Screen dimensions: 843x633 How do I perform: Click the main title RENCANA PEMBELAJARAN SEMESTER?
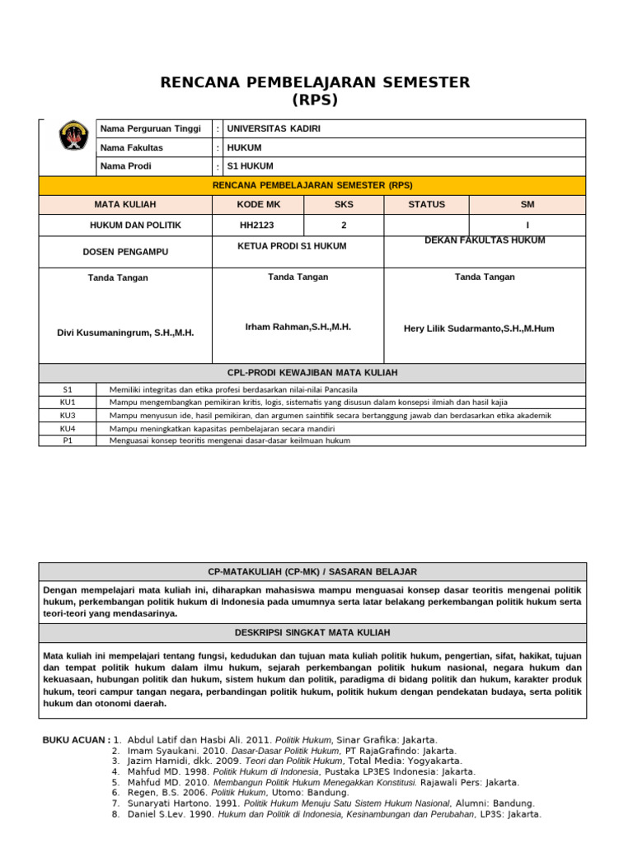click(315, 82)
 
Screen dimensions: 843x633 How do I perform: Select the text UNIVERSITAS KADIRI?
click(274, 129)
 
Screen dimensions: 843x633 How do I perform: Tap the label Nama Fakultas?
click(132, 148)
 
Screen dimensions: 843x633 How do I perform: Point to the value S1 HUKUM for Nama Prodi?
click(250, 166)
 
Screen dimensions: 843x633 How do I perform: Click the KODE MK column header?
click(258, 204)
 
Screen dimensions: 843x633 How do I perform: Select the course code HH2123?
click(258, 226)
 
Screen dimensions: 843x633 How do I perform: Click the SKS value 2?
click(344, 226)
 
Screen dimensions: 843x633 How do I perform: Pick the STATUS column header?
click(426, 204)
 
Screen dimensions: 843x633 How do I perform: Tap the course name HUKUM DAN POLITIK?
click(135, 226)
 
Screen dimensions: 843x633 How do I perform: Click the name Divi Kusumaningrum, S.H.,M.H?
click(125, 333)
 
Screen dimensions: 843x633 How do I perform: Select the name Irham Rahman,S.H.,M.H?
click(298, 328)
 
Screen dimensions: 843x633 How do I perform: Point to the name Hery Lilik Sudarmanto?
click(479, 328)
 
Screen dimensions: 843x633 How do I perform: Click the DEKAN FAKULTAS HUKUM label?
click(485, 240)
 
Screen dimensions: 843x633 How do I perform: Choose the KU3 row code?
click(68, 416)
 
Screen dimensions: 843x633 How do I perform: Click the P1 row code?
click(68, 440)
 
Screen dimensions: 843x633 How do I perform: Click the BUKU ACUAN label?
click(76, 740)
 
